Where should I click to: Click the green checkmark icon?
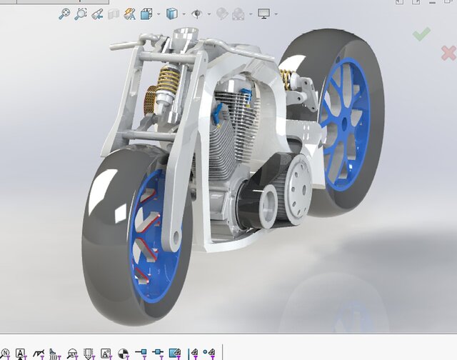pos(421,33)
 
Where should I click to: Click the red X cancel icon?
pos(448,51)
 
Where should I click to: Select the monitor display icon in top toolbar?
pos(264,14)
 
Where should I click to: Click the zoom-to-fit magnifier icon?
pos(64,14)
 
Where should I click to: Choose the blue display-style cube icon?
pos(171,14)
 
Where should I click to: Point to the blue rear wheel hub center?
pos(344,122)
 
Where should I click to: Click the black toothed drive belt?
pos(246,207)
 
